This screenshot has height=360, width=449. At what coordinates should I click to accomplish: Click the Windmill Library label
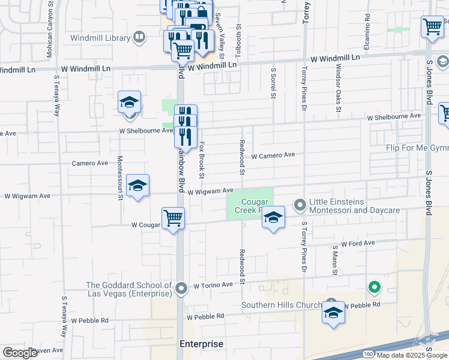click(x=100, y=38)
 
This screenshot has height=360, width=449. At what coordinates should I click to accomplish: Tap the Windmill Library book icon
click(x=139, y=38)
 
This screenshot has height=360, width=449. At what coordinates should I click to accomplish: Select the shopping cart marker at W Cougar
click(x=173, y=218)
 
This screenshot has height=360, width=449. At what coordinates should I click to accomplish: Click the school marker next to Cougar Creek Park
click(x=273, y=218)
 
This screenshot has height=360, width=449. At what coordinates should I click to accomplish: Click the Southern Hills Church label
click(x=282, y=305)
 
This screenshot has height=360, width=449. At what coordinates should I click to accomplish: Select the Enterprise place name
click(x=201, y=344)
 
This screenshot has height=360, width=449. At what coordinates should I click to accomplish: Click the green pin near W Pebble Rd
click(x=375, y=288)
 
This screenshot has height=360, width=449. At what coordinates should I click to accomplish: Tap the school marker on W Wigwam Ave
click(x=137, y=186)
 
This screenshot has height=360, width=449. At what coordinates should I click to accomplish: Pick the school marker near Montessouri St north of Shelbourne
click(x=129, y=103)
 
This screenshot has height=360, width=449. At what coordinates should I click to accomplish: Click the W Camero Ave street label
click(x=273, y=155)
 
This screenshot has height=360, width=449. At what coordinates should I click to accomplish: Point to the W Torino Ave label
click(x=212, y=286)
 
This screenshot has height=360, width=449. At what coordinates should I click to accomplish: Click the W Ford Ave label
click(x=358, y=243)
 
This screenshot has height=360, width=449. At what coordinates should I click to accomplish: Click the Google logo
click(x=20, y=353)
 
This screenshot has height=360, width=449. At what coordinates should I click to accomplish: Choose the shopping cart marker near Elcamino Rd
click(x=432, y=28)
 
